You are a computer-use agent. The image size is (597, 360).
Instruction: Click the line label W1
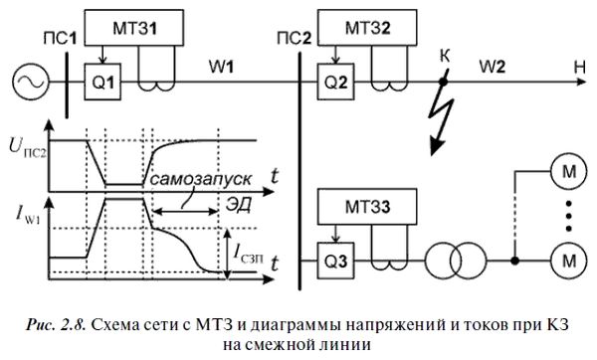click(x=221, y=68)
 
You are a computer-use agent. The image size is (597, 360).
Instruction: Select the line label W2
click(x=493, y=68)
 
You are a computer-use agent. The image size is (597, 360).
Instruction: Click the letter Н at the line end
click(x=577, y=68)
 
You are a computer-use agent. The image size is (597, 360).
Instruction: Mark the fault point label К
click(x=445, y=60)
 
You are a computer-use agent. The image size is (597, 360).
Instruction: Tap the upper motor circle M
click(x=569, y=171)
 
